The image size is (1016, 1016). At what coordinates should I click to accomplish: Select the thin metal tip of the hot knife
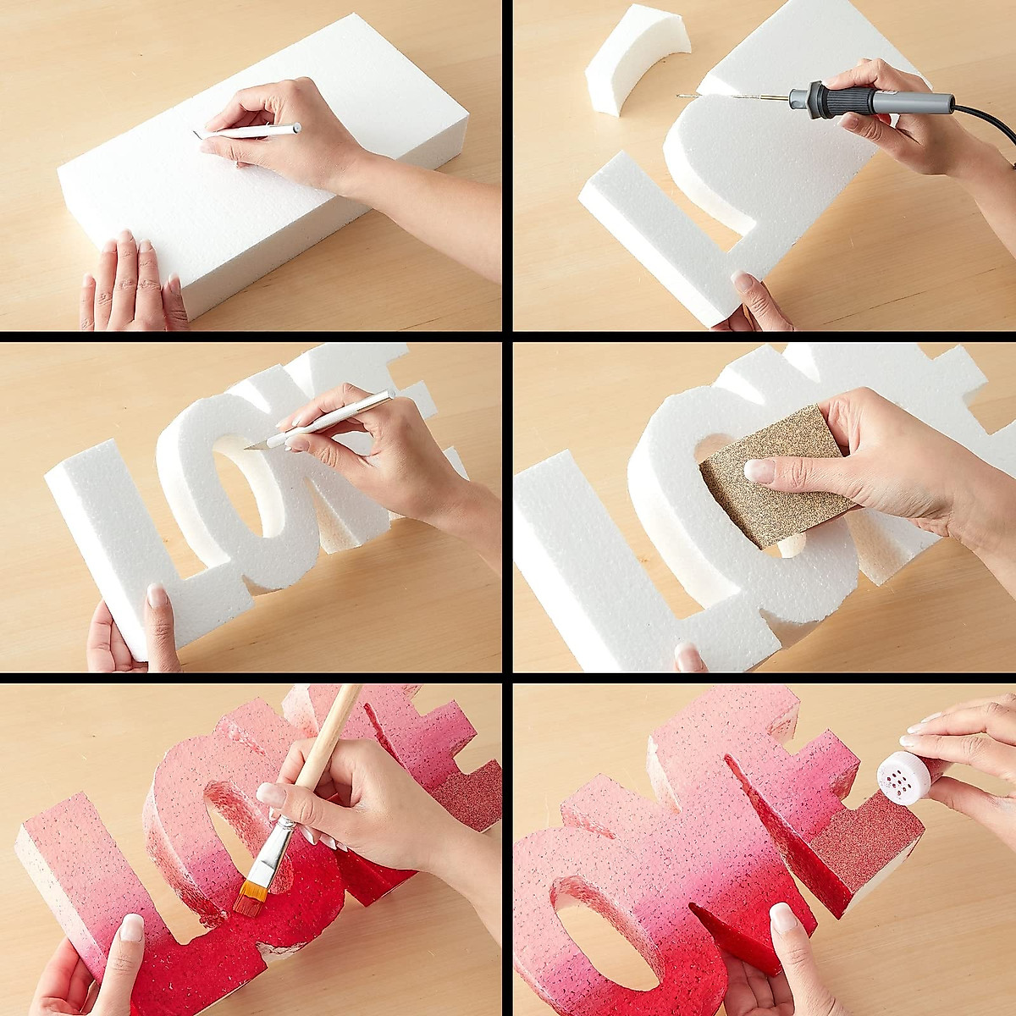(x=728, y=97)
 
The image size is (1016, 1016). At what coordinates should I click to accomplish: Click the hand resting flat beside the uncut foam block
(x=131, y=279)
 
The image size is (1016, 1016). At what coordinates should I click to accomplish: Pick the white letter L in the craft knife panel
(x=127, y=533)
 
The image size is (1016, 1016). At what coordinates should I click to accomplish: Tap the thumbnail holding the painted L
(x=131, y=929)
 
